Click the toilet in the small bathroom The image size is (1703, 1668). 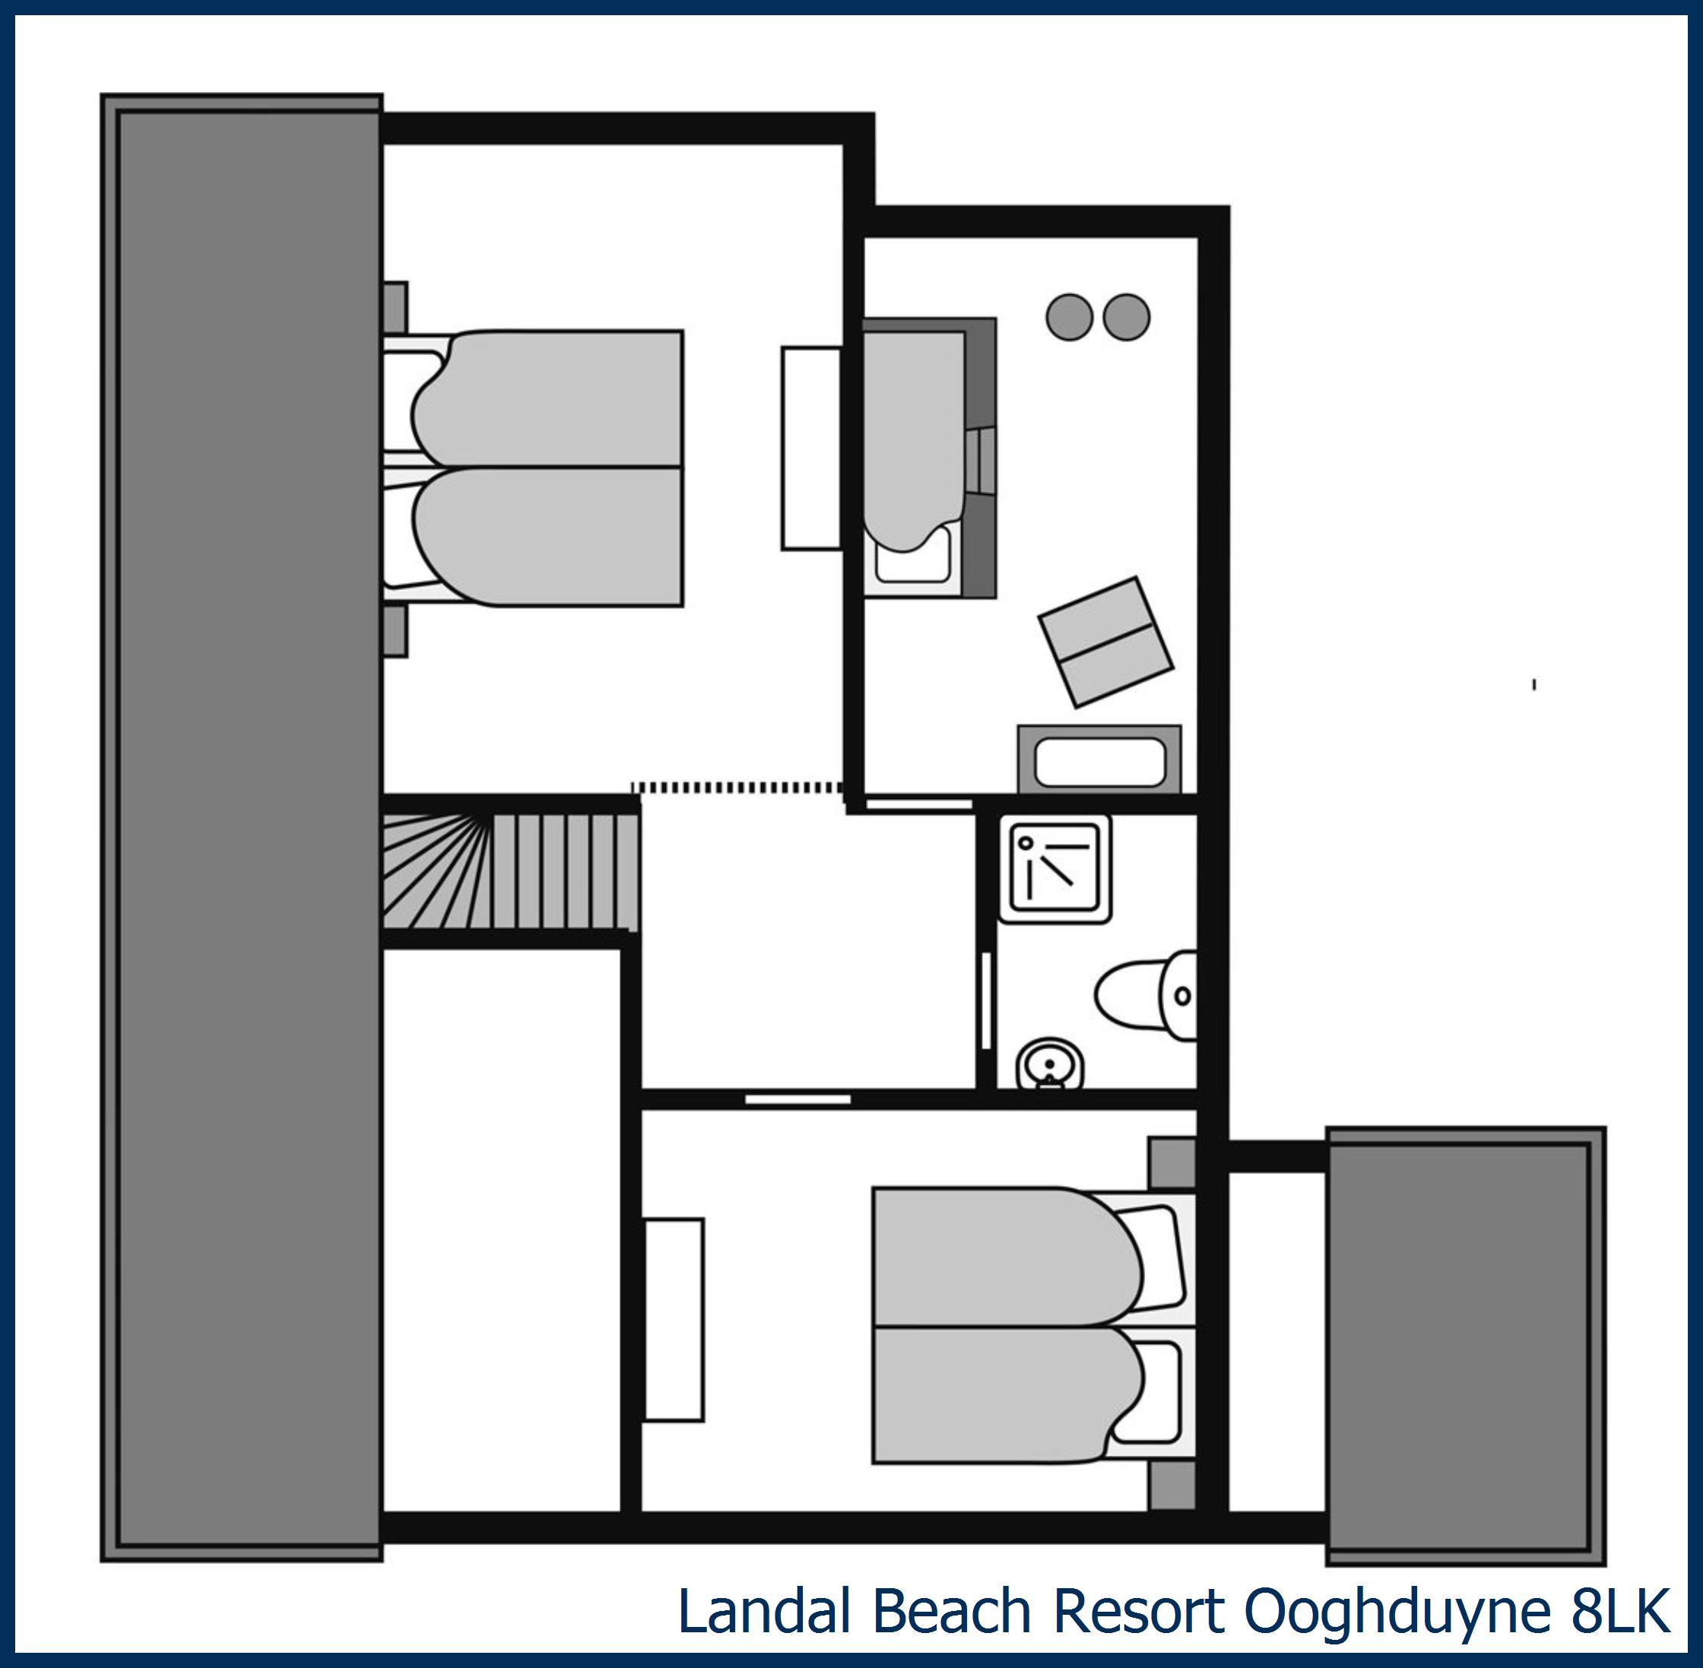coord(1143,996)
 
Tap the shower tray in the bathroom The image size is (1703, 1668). coord(1055,869)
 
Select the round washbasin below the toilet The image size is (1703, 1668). coord(1049,1063)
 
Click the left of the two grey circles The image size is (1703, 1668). coord(1069,316)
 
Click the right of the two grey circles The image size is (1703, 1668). coord(1126,316)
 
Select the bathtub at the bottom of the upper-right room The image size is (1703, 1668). coord(1099,760)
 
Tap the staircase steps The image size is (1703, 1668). coord(508,872)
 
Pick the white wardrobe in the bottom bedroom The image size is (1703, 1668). coord(674,1319)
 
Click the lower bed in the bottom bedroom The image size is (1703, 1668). coord(1007,1394)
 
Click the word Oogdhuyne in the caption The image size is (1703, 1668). coord(1397,1610)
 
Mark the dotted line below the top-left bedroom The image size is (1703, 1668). coord(736,788)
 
